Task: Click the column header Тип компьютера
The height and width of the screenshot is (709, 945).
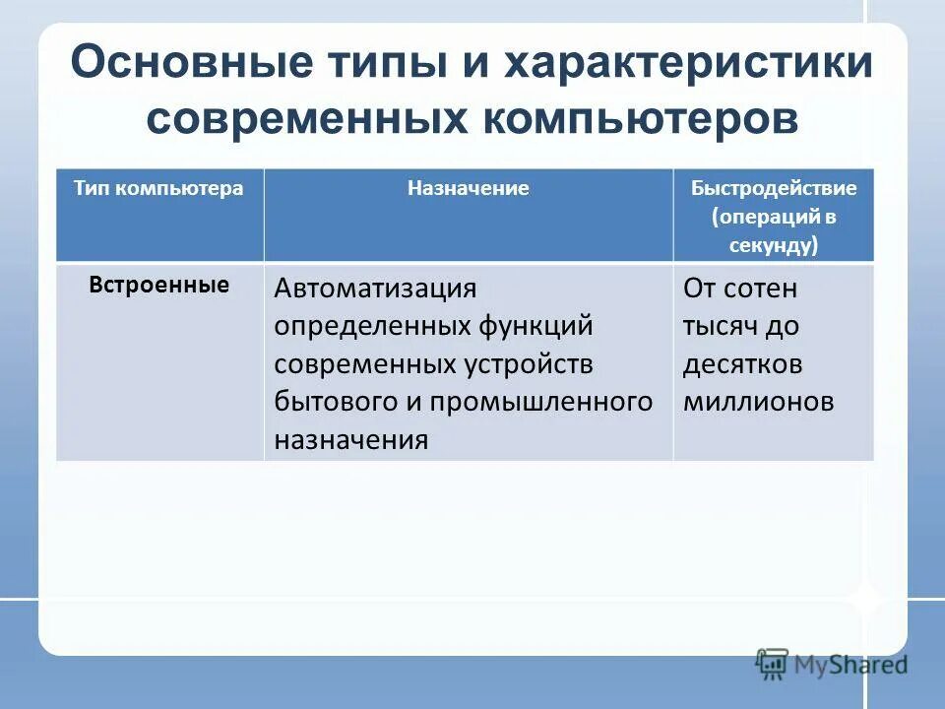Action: point(157,188)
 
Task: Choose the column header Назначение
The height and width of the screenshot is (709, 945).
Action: point(469,188)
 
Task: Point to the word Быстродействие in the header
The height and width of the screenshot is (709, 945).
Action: point(774,188)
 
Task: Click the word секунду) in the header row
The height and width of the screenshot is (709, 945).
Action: point(774,245)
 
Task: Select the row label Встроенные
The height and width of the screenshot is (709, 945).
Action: point(159,286)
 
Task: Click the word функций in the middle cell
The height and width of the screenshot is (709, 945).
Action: point(531,326)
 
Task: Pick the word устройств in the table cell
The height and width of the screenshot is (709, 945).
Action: point(529,363)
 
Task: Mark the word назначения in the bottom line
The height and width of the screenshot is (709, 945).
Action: point(350,439)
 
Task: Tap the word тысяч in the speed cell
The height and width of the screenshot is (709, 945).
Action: point(717,326)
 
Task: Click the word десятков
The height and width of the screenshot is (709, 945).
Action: point(742,363)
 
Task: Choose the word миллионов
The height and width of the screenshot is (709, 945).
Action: point(758,401)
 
